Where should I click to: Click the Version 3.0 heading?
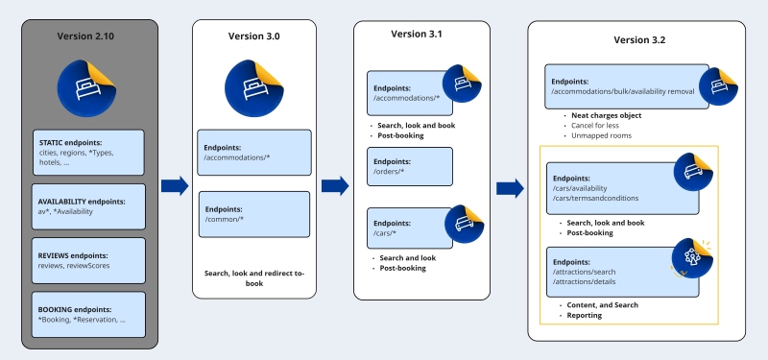pyautogui.click(x=254, y=36)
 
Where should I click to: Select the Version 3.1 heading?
pyautogui.click(x=416, y=34)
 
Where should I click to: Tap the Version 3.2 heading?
pyautogui.click(x=638, y=40)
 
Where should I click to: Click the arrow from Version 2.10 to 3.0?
pyautogui.click(x=174, y=185)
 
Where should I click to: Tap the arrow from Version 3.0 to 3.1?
pyautogui.click(x=336, y=185)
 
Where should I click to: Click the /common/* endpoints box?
pyautogui.click(x=254, y=214)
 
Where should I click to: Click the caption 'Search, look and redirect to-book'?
pyautogui.click(x=254, y=278)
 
